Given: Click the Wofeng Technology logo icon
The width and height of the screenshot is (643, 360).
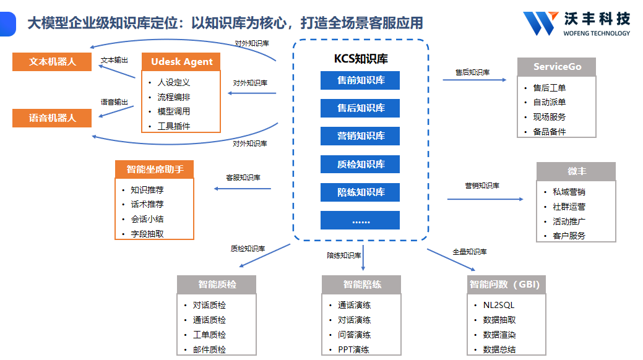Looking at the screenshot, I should (540, 24).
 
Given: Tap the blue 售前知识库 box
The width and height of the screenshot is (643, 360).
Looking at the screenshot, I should (360, 80).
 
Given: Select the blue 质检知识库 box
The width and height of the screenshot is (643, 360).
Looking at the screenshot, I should (360, 164).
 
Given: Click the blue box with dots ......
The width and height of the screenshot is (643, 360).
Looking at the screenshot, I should (360, 220).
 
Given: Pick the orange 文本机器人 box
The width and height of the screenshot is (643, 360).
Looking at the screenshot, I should (52, 62).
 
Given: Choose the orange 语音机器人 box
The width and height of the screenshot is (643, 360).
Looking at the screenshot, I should (52, 118).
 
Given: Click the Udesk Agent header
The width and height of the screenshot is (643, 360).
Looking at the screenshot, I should (181, 62).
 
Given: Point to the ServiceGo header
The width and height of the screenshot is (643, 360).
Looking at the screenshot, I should (557, 67).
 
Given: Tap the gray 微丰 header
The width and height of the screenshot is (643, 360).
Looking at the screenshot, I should (576, 171).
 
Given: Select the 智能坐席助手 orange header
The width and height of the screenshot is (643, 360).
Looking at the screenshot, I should (155, 169).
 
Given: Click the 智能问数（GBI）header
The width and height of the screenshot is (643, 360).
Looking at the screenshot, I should (505, 285).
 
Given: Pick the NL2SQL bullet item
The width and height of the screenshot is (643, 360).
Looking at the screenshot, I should (498, 305).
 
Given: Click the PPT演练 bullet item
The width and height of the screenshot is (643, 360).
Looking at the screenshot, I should (353, 349).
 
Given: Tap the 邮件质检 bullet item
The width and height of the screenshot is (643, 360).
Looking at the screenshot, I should (209, 349).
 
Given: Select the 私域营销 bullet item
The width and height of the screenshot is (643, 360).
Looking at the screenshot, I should (569, 192).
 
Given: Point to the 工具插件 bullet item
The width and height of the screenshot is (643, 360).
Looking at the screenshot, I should (174, 126).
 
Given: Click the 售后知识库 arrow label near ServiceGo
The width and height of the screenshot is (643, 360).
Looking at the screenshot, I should (472, 72).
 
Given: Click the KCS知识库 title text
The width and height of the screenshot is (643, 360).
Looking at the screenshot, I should (361, 59).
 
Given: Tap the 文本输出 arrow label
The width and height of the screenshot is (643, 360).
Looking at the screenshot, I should (114, 61).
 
